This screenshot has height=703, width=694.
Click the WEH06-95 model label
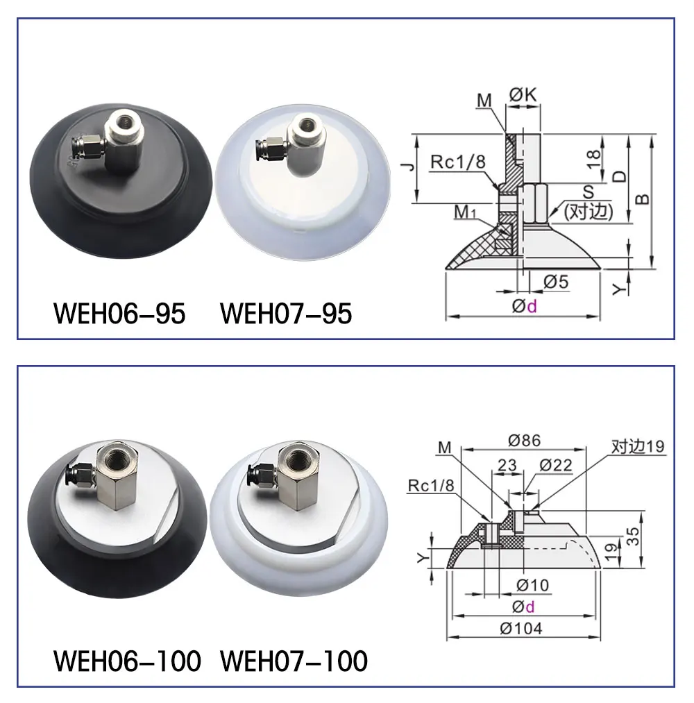(119, 313)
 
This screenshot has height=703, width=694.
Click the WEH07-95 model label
(286, 313)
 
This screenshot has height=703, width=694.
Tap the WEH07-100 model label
(294, 661)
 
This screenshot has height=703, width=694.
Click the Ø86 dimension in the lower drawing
(524, 440)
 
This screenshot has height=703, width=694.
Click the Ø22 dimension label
(555, 465)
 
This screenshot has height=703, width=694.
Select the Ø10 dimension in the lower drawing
(533, 585)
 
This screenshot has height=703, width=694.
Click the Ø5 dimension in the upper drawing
(555, 282)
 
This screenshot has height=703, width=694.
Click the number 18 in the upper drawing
(593, 158)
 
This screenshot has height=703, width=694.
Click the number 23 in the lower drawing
(507, 465)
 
